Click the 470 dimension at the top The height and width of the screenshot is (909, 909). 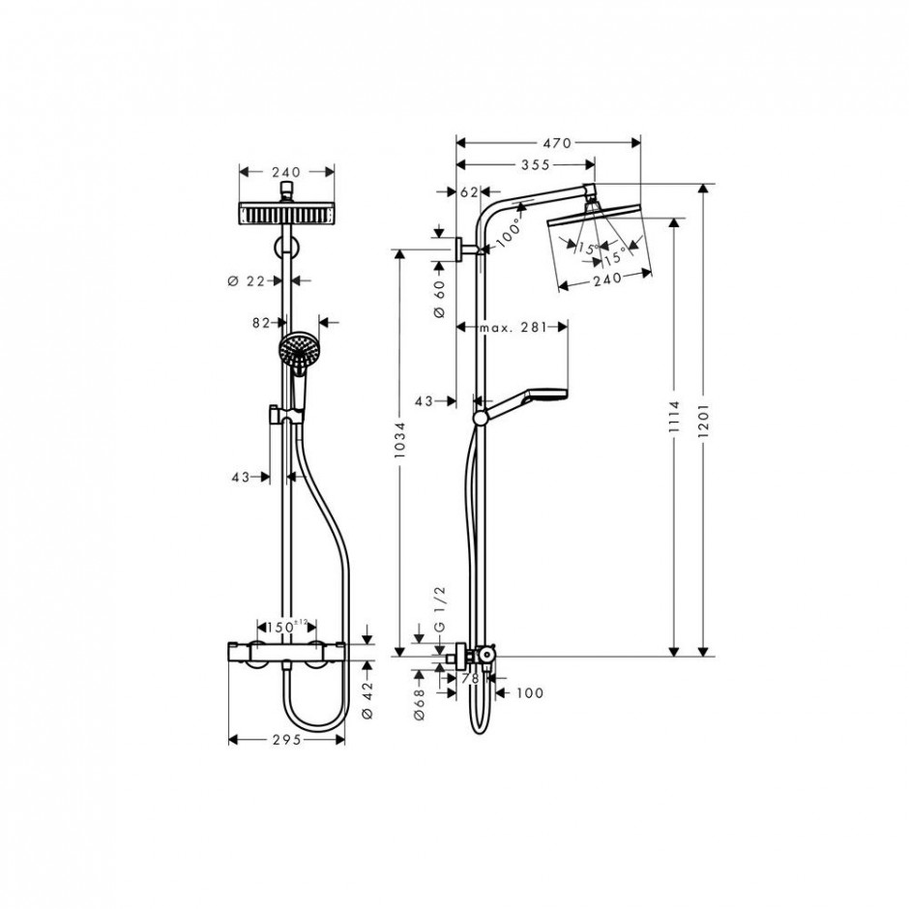[x=548, y=142]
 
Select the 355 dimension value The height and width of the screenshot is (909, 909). [x=522, y=165]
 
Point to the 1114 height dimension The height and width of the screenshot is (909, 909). [x=675, y=418]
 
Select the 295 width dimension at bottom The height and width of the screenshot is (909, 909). [x=285, y=740]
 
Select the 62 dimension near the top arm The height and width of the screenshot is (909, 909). [x=470, y=192]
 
